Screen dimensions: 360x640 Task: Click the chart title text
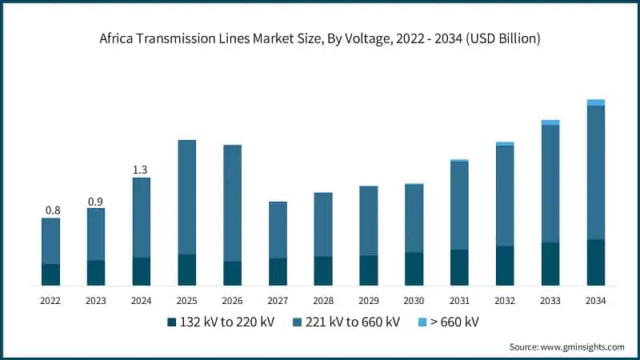coord(320,38)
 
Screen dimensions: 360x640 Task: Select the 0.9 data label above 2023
coord(96,202)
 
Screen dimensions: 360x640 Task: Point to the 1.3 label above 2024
coord(141,170)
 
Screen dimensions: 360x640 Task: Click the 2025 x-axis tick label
coord(186,301)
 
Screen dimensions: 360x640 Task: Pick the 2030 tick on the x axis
coord(414,301)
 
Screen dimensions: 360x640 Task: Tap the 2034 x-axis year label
coord(595,301)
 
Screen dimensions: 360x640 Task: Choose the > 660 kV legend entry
coord(450,322)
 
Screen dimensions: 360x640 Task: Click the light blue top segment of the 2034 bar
coord(595,102)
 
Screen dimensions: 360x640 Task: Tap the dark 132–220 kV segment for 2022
coord(50,274)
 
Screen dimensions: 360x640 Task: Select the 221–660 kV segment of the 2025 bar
coord(186,197)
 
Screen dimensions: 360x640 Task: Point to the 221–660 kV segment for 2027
coord(278,230)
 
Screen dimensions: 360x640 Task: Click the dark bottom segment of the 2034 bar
coord(595,262)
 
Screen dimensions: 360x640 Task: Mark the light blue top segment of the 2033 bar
coord(550,122)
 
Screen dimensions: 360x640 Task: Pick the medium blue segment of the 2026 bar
coord(232,203)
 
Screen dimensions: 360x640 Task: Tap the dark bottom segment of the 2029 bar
coord(368,270)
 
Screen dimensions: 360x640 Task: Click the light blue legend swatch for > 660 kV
coord(422,322)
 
